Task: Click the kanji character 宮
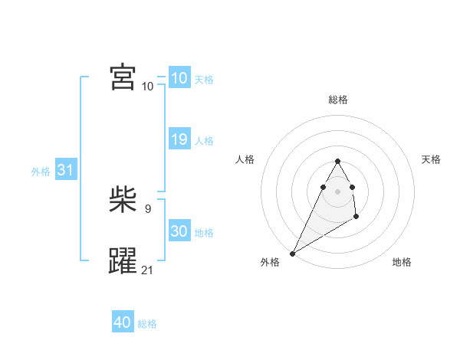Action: tap(123, 77)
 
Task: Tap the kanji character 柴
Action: tap(123, 201)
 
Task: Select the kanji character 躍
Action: tap(123, 261)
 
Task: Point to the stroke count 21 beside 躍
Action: tap(147, 270)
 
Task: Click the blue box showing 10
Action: tap(179, 78)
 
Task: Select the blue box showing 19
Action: tap(179, 139)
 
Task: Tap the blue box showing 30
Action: tap(179, 231)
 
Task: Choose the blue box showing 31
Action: tap(65, 170)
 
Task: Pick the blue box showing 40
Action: tap(123, 322)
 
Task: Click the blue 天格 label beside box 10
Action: tap(204, 80)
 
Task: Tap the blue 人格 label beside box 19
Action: tap(204, 141)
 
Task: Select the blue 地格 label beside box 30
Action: tap(204, 233)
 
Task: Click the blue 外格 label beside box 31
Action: tap(41, 172)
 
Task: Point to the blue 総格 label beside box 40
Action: tap(147, 324)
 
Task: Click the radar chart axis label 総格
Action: tap(338, 100)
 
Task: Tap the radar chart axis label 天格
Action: tap(431, 159)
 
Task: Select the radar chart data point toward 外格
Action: tap(292, 254)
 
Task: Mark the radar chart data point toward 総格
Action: tap(337, 161)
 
